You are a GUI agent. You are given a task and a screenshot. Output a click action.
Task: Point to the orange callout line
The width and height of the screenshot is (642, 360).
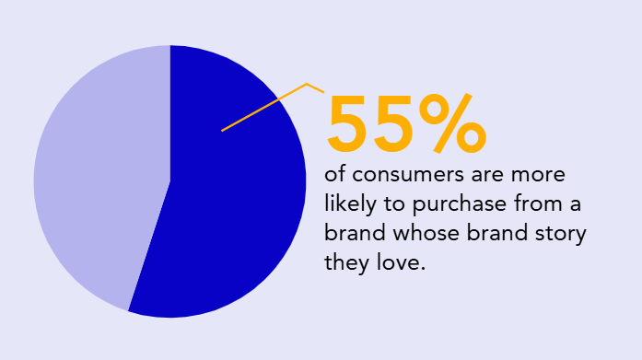(x=267, y=106)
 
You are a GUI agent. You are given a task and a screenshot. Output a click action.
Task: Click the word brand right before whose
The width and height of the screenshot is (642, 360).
(x=351, y=232)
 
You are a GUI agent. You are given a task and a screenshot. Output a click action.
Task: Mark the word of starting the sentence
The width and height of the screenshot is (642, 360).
(x=333, y=175)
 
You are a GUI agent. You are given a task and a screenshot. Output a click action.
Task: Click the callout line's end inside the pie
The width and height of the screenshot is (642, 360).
(x=222, y=131)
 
